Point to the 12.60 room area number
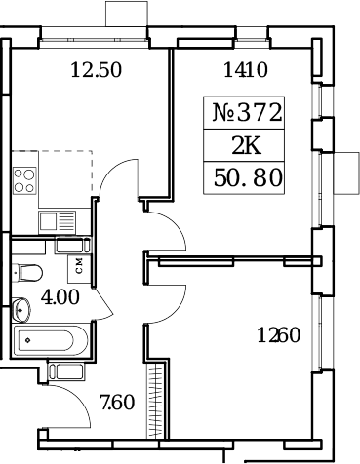point(278,336)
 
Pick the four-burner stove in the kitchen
point(24,180)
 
